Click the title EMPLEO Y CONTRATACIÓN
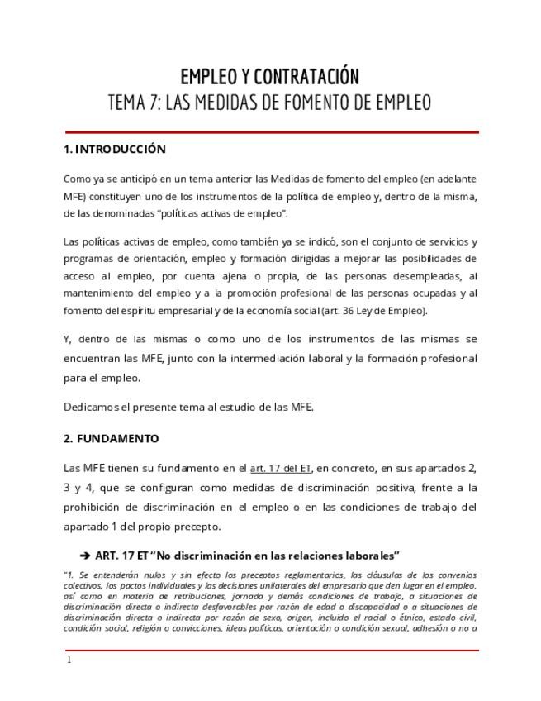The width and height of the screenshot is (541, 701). (x=270, y=77)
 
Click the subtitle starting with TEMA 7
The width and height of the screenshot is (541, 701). (x=270, y=103)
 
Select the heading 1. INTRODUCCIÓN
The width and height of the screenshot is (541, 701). (x=115, y=150)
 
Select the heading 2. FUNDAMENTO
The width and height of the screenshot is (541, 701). (x=111, y=439)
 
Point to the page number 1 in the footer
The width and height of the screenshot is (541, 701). (x=69, y=660)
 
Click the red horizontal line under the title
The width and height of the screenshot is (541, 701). (x=271, y=132)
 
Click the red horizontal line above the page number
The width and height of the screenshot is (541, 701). (x=271, y=651)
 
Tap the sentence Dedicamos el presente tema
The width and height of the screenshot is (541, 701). (x=189, y=407)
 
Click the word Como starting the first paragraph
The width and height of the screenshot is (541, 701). (x=77, y=179)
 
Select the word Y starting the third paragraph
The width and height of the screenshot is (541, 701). (x=67, y=340)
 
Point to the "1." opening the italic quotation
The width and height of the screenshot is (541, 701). (x=69, y=575)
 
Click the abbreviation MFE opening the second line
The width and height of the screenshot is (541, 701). (x=74, y=197)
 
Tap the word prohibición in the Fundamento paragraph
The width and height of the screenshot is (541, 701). (x=94, y=507)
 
